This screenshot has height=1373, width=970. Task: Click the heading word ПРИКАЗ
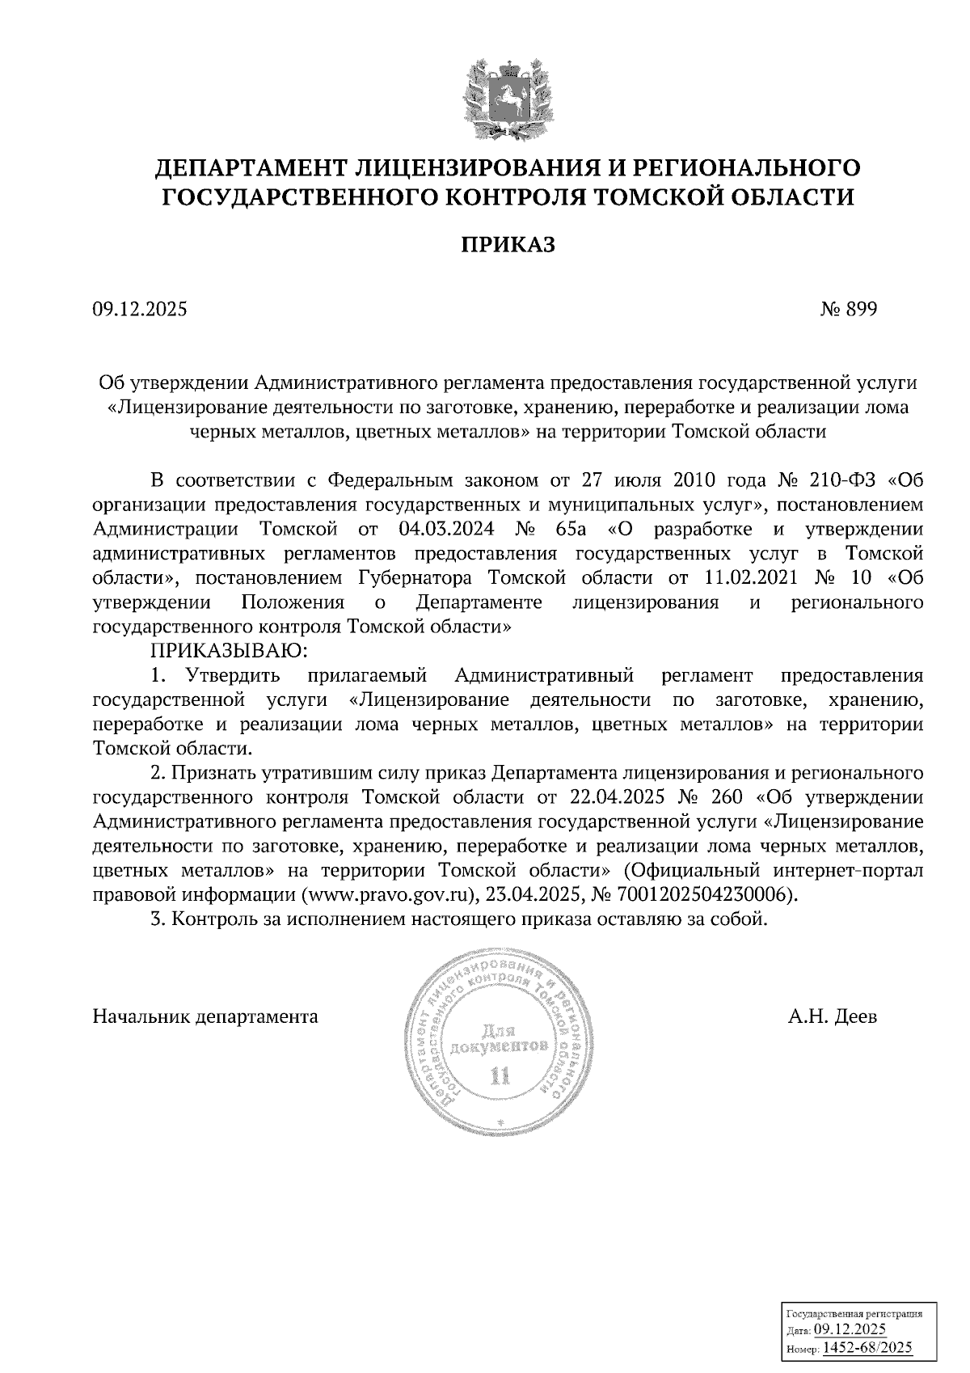pos(508,244)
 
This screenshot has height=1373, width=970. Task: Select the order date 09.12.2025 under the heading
pos(139,309)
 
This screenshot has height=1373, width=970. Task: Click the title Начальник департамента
pos(205,1016)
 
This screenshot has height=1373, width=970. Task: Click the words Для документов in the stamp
pos(502,1039)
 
